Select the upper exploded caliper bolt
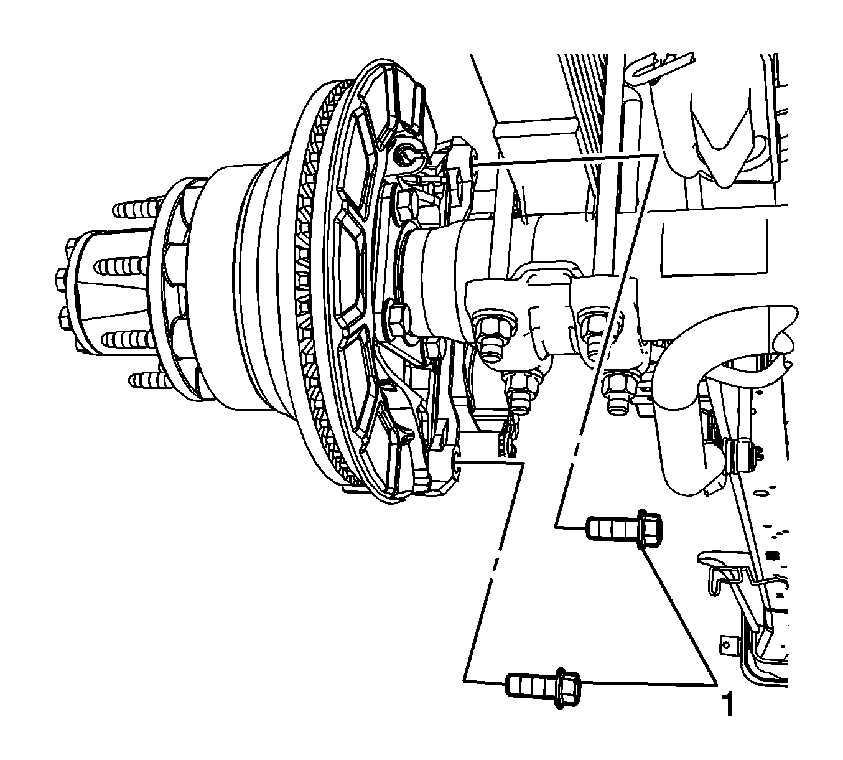(x=624, y=528)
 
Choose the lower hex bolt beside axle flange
(x=398, y=320)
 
